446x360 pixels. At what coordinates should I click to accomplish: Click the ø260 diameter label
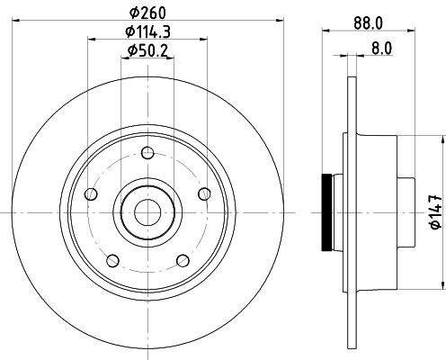tap(148, 12)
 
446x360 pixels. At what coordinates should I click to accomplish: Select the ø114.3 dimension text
tap(148, 32)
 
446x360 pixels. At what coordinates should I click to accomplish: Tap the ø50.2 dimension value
tap(148, 51)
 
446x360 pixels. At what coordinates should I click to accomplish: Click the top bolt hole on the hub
tap(147, 152)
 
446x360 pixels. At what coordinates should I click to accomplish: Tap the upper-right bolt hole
tap(204, 192)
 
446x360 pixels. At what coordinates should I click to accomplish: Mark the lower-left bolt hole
tap(111, 261)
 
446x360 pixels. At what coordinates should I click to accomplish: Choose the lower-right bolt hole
tap(183, 261)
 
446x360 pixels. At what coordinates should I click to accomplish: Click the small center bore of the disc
tap(147, 212)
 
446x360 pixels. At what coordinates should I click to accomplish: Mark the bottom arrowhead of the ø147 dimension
tap(442, 286)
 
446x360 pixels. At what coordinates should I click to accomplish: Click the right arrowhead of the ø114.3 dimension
tap(207, 40)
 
